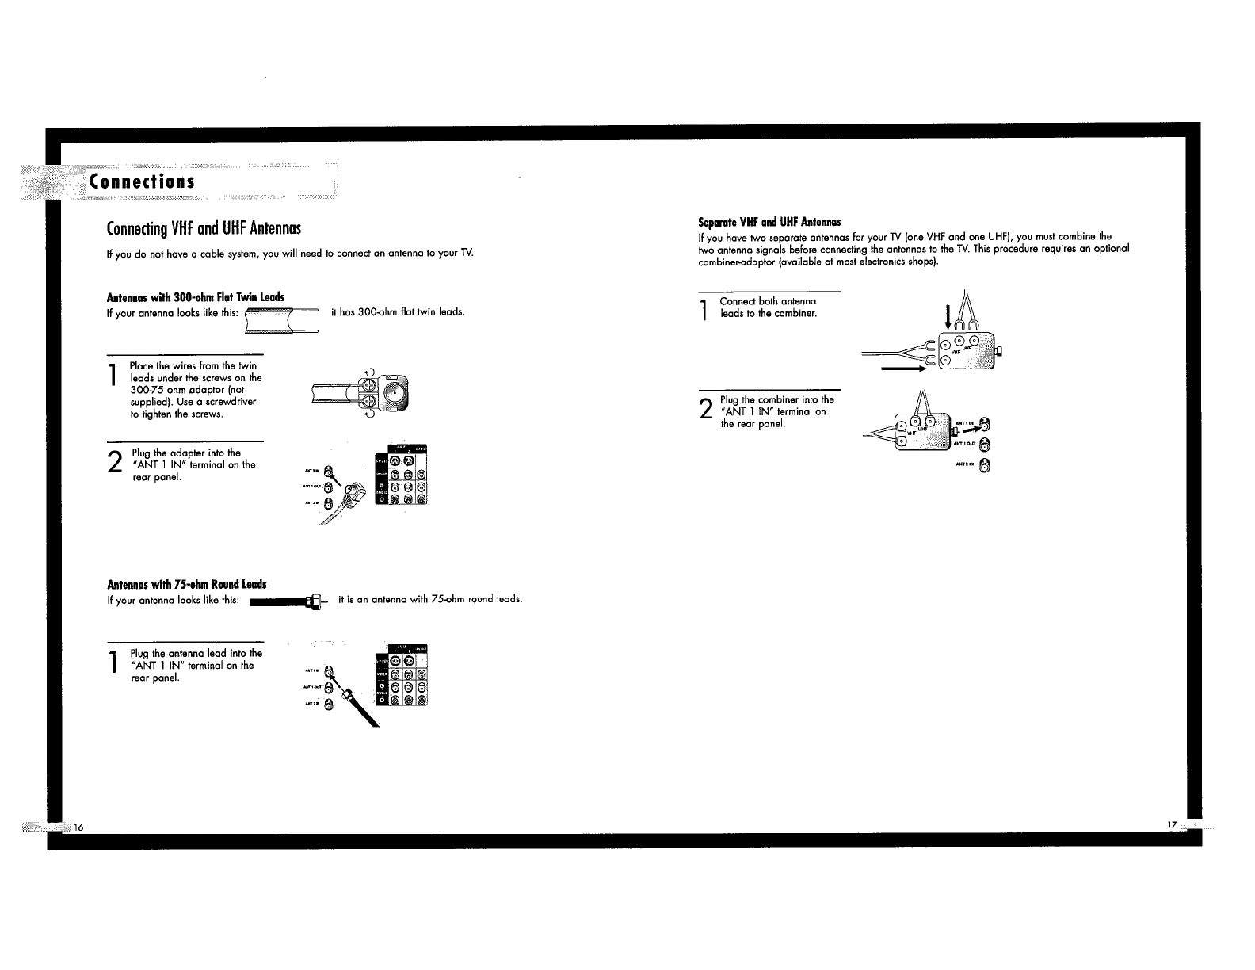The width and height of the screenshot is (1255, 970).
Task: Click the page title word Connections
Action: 142,181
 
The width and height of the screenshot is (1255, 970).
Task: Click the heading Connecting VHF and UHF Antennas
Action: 204,230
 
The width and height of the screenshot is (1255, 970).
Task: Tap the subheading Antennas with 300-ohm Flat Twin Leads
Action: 195,297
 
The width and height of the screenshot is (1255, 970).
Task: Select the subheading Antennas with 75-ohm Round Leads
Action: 186,585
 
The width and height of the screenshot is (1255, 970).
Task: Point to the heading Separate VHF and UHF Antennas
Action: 769,222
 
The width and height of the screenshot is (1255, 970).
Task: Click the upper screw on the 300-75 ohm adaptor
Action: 367,386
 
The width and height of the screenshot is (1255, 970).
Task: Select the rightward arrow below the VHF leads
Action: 904,369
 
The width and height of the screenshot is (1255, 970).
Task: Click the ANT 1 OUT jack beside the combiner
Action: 984,445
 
